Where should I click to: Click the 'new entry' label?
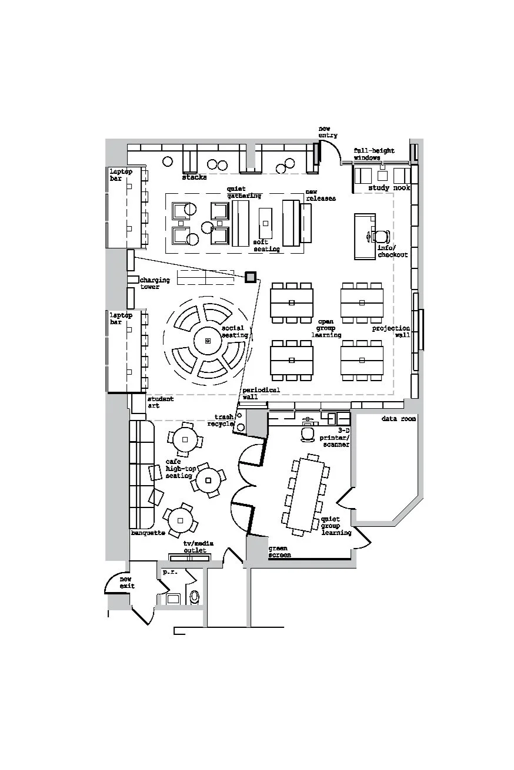(328, 132)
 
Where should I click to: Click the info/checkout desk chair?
(381, 237)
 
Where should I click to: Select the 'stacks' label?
(194, 177)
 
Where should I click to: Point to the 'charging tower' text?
(155, 283)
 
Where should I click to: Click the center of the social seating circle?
(208, 341)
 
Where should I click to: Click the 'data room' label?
(398, 419)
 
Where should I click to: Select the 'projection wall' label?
(391, 331)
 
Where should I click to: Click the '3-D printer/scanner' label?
(335, 438)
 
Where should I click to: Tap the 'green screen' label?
(279, 552)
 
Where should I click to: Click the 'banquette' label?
(148, 533)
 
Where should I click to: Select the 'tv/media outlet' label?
(195, 547)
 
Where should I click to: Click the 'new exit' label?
(127, 583)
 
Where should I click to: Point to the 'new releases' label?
(320, 195)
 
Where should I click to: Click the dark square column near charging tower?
(251, 277)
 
